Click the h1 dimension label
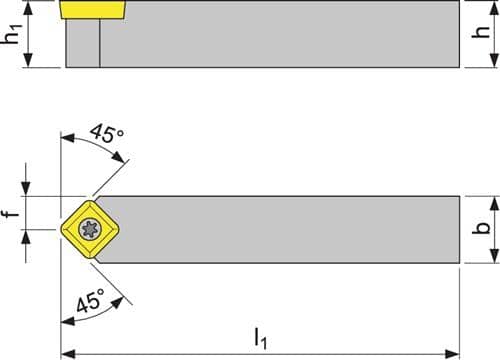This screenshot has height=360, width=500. point(11,34)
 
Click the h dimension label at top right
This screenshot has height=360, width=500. point(481,32)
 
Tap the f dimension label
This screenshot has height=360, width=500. point(13,212)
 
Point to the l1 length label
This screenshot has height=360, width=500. point(261,339)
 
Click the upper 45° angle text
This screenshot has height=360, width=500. point(107,133)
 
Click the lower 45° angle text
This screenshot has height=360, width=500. point(90,300)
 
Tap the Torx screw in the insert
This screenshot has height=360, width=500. point(90,229)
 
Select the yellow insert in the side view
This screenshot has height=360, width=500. point(93,9)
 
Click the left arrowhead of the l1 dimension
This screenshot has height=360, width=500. point(68,353)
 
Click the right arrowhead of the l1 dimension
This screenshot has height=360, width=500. point(453,353)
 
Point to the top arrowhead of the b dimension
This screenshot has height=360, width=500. point(495,203)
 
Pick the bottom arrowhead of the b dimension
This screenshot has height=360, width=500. point(495,256)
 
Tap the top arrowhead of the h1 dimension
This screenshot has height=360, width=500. point(29,9)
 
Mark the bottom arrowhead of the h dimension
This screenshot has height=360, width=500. point(495,60)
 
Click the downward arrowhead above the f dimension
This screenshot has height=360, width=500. point(26,189)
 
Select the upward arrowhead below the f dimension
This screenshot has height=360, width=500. point(26,237)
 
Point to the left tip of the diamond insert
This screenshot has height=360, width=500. point(61,229)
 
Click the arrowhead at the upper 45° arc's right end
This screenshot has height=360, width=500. point(119,157)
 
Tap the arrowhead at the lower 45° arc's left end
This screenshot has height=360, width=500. point(68,321)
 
